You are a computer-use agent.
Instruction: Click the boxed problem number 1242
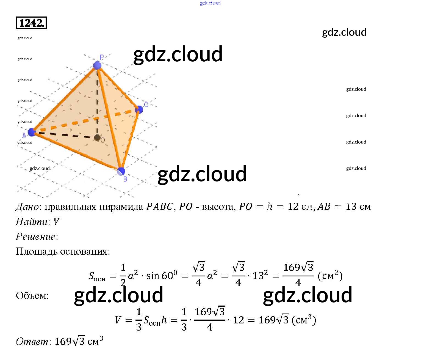31,23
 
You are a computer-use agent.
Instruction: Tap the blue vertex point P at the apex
97,65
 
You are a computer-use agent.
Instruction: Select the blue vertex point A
32,132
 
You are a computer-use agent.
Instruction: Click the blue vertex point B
121,171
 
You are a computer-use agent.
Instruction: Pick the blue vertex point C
139,109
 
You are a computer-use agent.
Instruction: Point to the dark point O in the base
97,138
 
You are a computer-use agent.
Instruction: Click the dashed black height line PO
97,102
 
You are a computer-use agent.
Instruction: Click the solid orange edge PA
65,99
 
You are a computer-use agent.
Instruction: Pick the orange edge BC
130,140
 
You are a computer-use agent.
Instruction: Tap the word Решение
35,237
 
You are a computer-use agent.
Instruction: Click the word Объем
32,296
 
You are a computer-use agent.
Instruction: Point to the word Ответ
32,341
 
